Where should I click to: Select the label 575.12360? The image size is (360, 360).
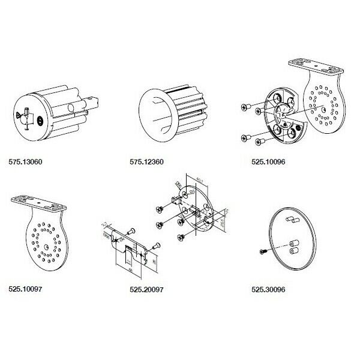click(147, 162)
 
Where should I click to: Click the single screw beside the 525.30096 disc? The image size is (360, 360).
click(263, 251)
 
